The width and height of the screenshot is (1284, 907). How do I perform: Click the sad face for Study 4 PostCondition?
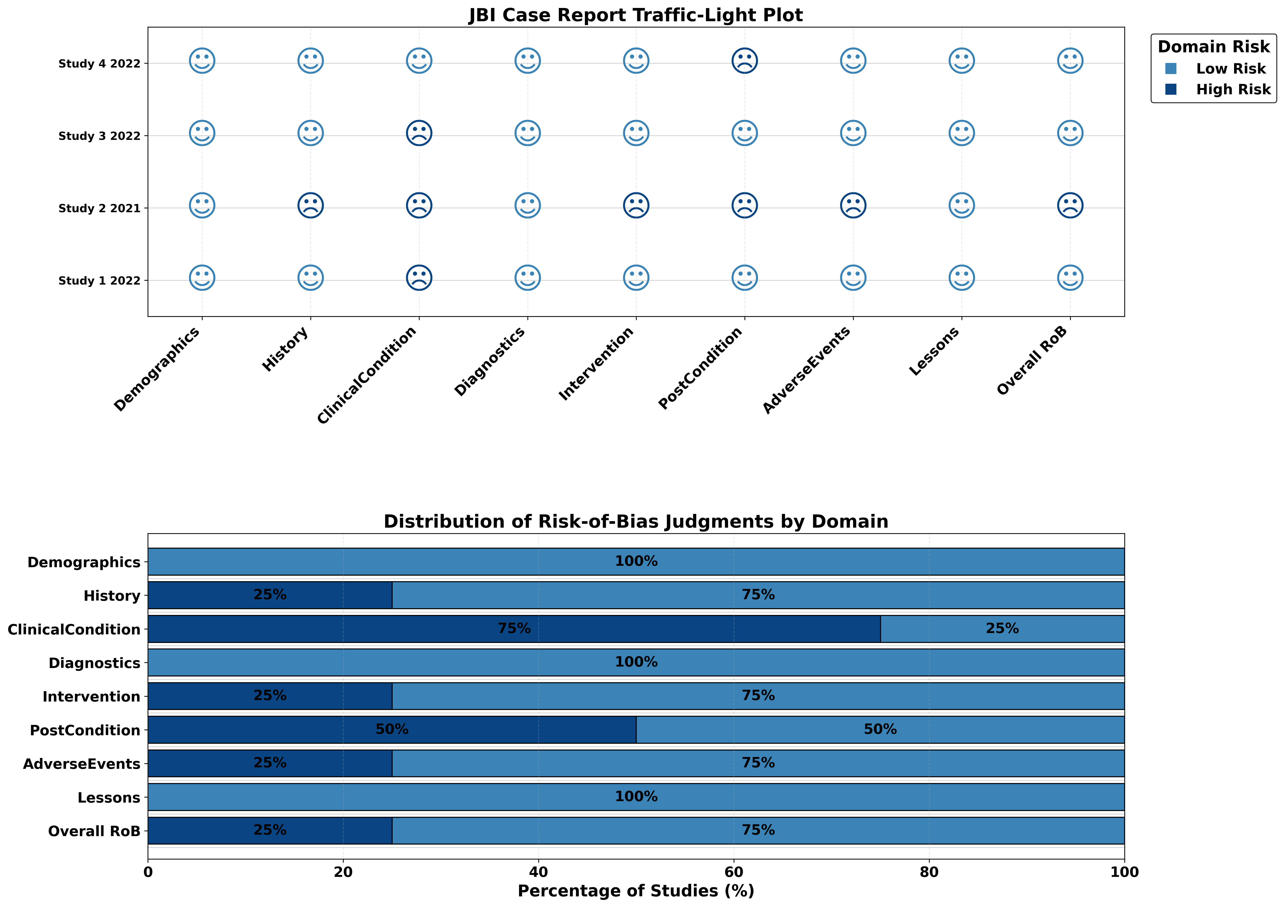pyautogui.click(x=744, y=60)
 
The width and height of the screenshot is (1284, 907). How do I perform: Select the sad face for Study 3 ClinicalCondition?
pyautogui.click(x=419, y=133)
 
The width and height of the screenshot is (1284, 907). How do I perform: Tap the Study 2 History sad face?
pyautogui.click(x=310, y=206)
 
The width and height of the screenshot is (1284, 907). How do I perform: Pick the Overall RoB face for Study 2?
pyautogui.click(x=1070, y=206)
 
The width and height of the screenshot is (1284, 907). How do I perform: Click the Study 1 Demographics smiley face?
pyautogui.click(x=202, y=278)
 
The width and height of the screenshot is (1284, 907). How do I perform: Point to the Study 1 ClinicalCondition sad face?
pyautogui.click(x=419, y=278)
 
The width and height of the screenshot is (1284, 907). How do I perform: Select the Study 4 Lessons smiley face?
pyautogui.click(x=961, y=60)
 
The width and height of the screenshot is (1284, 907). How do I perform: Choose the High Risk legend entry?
pyautogui.click(x=1233, y=89)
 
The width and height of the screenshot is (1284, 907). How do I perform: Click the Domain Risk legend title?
pyautogui.click(x=1214, y=47)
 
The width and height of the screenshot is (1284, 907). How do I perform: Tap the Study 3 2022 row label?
pyautogui.click(x=99, y=136)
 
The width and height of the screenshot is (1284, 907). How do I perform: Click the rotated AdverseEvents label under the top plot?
pyautogui.click(x=806, y=370)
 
